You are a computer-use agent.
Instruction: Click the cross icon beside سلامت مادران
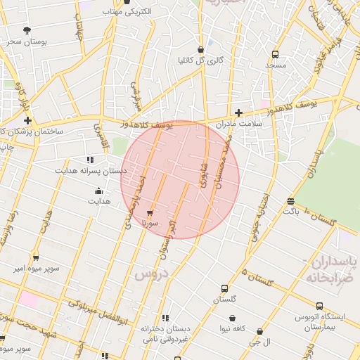pyautogui.click(x=238, y=112)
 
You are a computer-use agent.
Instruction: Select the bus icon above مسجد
pyautogui.click(x=274, y=54)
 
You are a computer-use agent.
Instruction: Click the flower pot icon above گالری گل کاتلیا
pyautogui.click(x=201, y=49)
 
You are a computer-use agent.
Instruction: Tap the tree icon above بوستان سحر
pyautogui.click(x=27, y=30)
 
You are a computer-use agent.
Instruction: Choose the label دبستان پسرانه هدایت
pyautogui.click(x=91, y=170)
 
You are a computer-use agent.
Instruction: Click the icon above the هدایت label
pyautogui.click(x=98, y=191)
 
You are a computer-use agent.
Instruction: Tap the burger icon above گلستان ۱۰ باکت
pyautogui.click(x=290, y=202)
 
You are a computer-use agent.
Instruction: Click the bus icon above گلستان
pyautogui.click(x=224, y=288)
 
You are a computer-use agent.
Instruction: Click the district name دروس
pyautogui.click(x=148, y=274)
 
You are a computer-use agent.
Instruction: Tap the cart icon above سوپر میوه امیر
pyautogui.click(x=36, y=258)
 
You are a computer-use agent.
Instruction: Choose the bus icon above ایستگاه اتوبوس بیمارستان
pyautogui.click(x=320, y=307)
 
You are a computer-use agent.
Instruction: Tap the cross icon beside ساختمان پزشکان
pyautogui.click(x=27, y=121)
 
